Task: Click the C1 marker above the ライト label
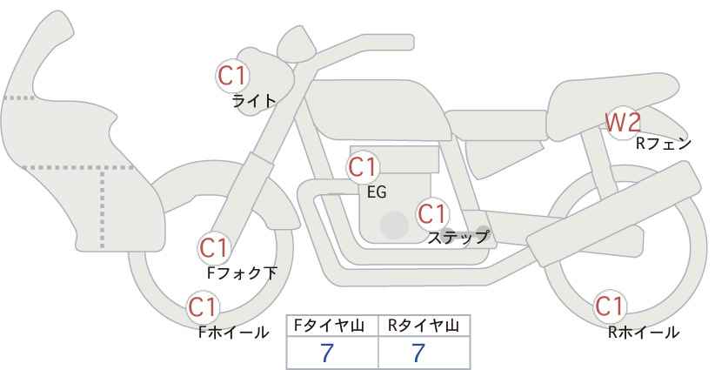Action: (x=232, y=76)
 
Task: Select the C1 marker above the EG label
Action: (x=363, y=167)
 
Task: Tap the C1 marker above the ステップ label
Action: (x=432, y=213)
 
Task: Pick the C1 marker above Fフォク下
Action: (x=214, y=248)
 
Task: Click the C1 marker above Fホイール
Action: (x=203, y=307)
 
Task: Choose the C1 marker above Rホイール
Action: (x=609, y=306)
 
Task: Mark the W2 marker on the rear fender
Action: (x=623, y=122)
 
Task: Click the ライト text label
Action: (x=254, y=100)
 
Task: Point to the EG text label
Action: (x=377, y=192)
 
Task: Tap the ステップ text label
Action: (x=458, y=238)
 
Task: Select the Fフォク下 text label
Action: (x=242, y=272)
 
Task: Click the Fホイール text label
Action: (x=233, y=333)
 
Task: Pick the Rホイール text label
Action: (x=644, y=333)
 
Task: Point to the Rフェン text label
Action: (x=664, y=144)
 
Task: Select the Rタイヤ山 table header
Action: (x=424, y=326)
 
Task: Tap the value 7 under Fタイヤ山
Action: (x=326, y=353)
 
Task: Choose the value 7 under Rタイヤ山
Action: (x=418, y=353)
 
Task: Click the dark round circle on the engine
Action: (x=394, y=225)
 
